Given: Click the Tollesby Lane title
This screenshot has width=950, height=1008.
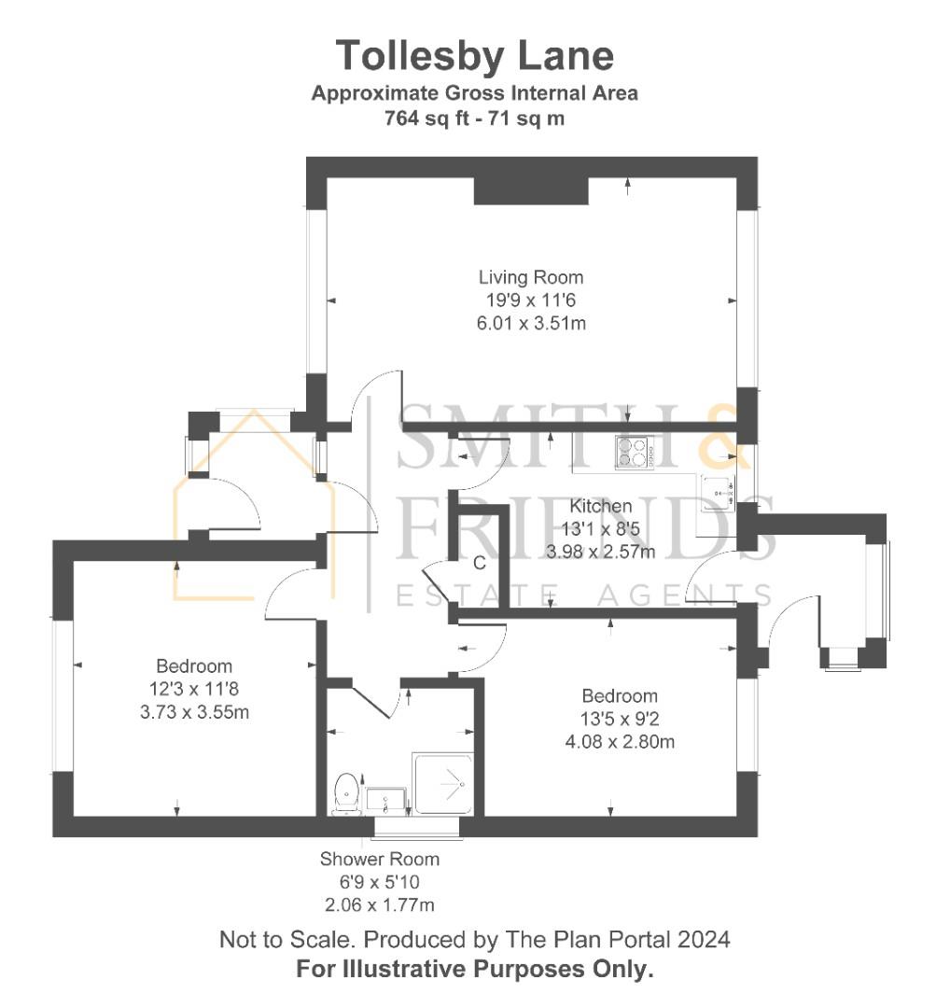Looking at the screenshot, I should pyautogui.click(x=475, y=56).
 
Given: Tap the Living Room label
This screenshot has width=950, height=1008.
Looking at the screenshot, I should pyautogui.click(x=531, y=277).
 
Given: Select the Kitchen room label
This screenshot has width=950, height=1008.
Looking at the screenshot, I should pyautogui.click(x=601, y=506).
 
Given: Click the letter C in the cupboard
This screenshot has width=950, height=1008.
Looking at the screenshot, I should pyautogui.click(x=479, y=563).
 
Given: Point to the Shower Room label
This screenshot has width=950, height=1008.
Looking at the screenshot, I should pyautogui.click(x=379, y=859).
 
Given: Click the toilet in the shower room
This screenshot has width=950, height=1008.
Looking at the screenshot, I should pyautogui.click(x=345, y=791).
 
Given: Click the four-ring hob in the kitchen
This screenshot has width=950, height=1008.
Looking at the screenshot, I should pyautogui.click(x=633, y=453).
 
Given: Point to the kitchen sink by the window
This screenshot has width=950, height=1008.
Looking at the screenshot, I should pyautogui.click(x=719, y=490).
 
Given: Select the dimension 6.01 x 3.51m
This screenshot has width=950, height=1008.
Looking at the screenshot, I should pyautogui.click(x=531, y=323).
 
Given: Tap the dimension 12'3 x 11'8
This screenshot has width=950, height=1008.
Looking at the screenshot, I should pyautogui.click(x=194, y=689).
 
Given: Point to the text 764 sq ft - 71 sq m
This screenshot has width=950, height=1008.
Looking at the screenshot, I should pyautogui.click(x=475, y=119).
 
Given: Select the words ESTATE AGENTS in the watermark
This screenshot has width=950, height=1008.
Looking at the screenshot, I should pyautogui.click(x=584, y=595).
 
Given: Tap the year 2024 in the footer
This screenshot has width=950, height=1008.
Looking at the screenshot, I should pyautogui.click(x=704, y=939).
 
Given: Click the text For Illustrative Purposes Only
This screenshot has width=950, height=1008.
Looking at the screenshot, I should pyautogui.click(x=475, y=969).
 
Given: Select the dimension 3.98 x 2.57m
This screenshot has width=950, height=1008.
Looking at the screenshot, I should pyautogui.click(x=601, y=551).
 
